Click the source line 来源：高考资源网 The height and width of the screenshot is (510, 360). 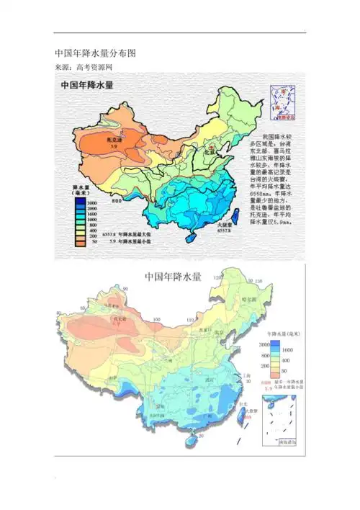click(x=84, y=67)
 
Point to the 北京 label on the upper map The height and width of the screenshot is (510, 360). click(x=210, y=153)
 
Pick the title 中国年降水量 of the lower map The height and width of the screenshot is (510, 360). click(x=174, y=276)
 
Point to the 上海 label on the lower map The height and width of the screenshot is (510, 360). click(x=248, y=375)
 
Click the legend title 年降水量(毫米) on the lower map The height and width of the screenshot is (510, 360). click(x=284, y=334)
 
